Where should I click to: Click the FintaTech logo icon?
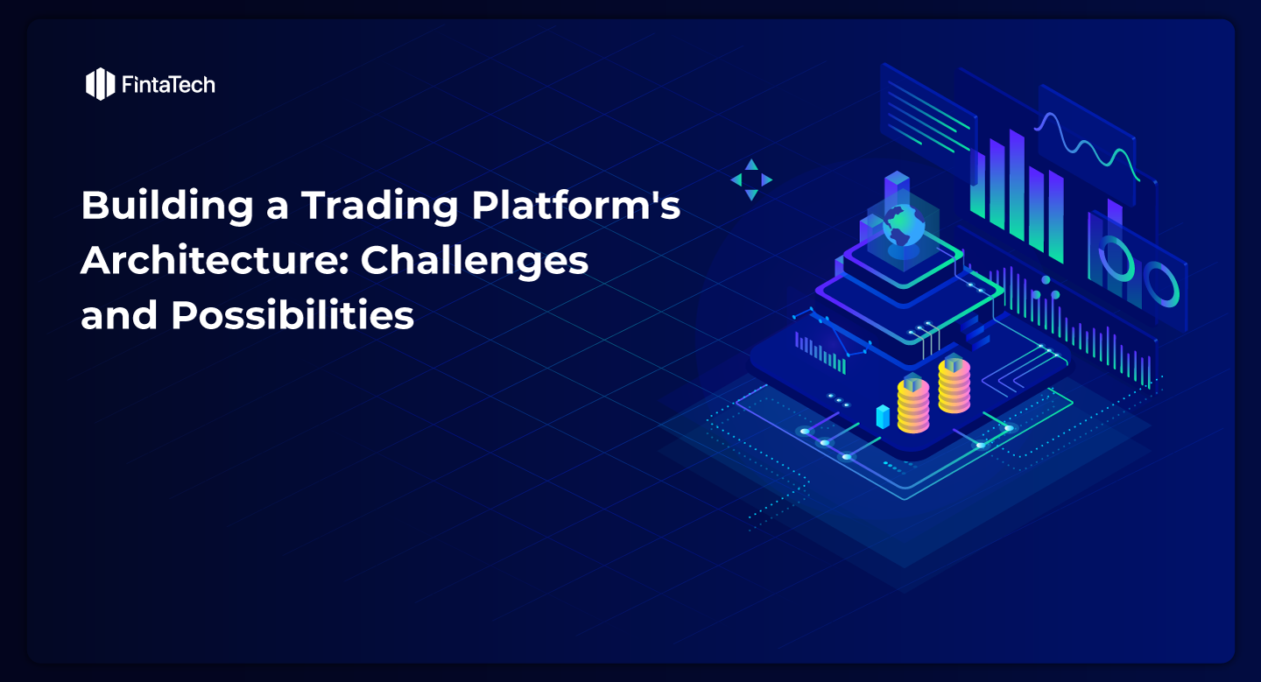coord(100,84)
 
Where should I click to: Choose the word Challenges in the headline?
coord(475,260)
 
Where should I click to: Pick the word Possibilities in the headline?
coord(292,314)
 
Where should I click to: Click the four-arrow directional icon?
coord(751,179)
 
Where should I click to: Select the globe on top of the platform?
coord(904,226)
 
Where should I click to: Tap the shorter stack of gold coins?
coord(912,404)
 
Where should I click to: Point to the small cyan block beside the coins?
coord(883,417)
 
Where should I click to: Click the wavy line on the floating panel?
coord(1086,144)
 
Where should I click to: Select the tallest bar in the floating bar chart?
coord(1017,185)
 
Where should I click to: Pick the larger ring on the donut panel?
coord(1162,284)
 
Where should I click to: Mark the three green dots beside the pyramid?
coord(1046,290)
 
